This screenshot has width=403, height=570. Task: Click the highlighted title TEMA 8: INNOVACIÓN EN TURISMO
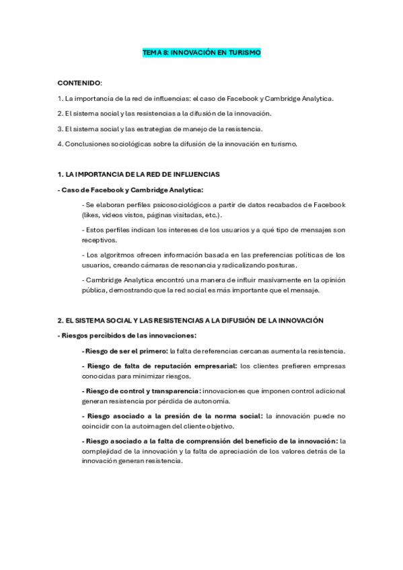201,52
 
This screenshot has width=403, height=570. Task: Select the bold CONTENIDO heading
79,83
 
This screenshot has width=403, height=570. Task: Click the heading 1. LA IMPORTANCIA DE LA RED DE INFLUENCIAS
139,175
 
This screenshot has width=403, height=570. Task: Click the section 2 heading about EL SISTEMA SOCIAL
190,320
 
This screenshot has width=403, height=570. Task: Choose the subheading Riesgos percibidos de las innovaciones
129,335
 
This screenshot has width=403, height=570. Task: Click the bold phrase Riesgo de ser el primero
124,351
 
